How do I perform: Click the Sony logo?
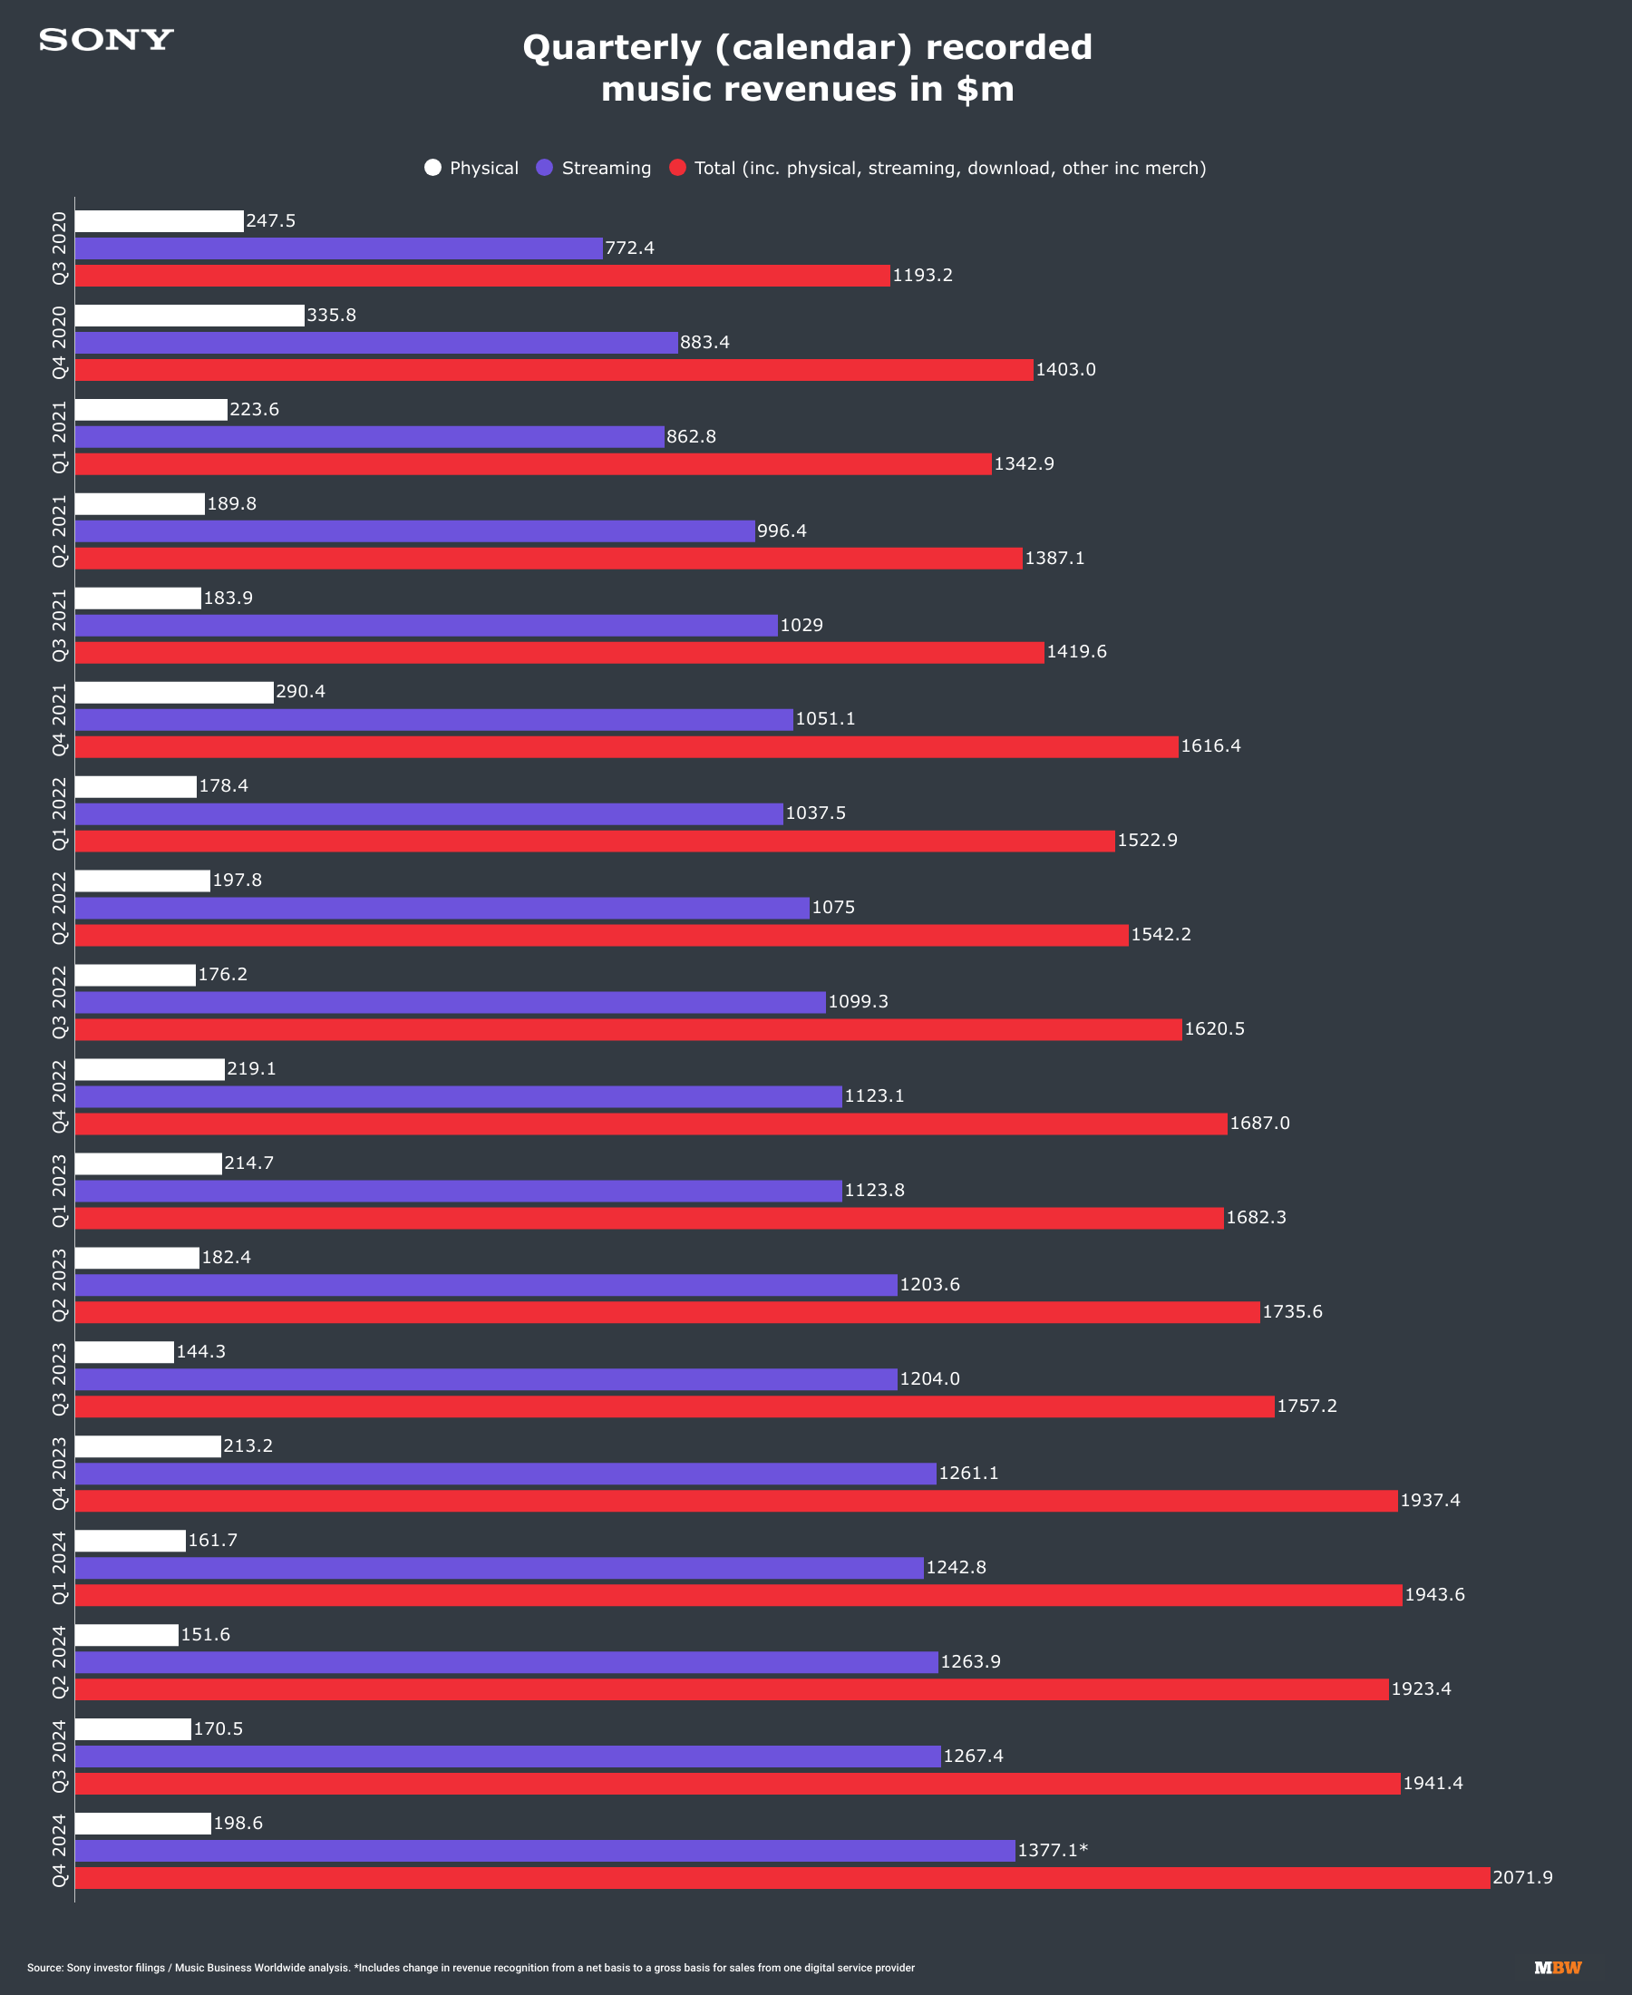106,40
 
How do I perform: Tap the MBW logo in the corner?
1558,1967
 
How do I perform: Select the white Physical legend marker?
432,168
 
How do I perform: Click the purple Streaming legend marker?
544,168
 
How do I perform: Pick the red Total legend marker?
677,168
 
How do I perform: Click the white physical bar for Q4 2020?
189,316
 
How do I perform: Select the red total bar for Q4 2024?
782,1877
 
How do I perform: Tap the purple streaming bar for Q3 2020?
338,248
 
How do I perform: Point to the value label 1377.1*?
1052,1850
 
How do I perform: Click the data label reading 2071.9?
1522,1877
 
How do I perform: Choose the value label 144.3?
200,1352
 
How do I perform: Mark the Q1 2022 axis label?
60,814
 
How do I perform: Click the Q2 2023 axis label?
60,1285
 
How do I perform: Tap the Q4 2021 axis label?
60,719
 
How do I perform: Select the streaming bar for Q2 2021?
414,531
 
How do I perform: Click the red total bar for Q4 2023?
736,1501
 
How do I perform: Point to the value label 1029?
801,625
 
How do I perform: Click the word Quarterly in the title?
611,47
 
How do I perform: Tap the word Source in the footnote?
44,1968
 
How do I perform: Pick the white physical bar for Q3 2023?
124,1352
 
